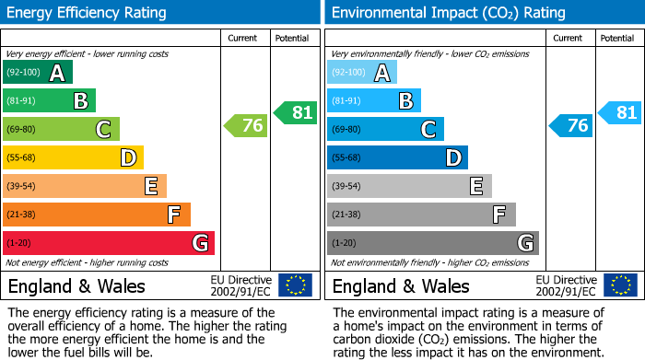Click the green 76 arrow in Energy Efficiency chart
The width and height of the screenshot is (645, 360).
click(246, 126)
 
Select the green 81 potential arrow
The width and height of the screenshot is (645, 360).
click(295, 113)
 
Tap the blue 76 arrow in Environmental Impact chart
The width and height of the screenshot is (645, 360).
click(570, 126)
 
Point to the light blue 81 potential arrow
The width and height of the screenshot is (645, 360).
click(619, 113)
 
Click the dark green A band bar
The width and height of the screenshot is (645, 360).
click(38, 73)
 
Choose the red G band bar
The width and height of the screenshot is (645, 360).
click(109, 243)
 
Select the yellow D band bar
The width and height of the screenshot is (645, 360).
click(74, 158)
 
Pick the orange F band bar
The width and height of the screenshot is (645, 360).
click(97, 215)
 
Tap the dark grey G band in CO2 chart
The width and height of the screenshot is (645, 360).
click(433, 243)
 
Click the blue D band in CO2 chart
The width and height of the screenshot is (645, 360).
click(398, 158)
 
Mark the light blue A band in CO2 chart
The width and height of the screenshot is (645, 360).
click(362, 73)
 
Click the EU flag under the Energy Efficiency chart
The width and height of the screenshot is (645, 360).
click(296, 285)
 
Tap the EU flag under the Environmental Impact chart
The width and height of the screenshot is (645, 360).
click(620, 285)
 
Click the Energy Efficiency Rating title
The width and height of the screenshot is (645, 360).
click(88, 13)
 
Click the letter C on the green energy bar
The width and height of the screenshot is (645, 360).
click(104, 130)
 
